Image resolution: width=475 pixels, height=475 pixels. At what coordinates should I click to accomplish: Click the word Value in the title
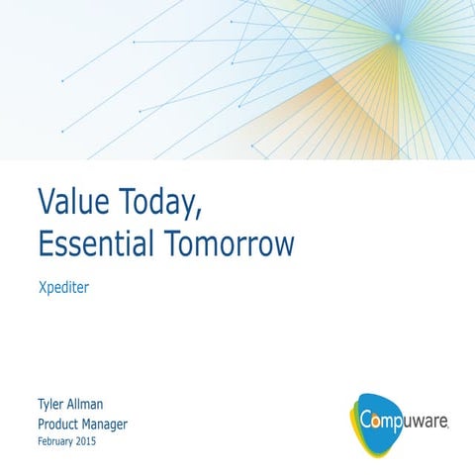(x=73, y=201)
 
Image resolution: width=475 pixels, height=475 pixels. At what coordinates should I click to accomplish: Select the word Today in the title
(x=161, y=202)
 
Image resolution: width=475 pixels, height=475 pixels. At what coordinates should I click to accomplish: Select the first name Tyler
(x=52, y=405)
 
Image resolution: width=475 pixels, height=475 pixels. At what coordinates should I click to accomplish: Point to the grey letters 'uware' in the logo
(x=428, y=421)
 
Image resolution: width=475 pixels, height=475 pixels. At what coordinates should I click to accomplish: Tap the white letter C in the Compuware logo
(x=366, y=419)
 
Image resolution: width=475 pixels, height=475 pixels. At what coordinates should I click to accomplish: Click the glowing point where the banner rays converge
(x=396, y=37)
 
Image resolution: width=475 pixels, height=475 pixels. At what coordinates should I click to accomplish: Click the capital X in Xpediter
(x=42, y=291)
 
